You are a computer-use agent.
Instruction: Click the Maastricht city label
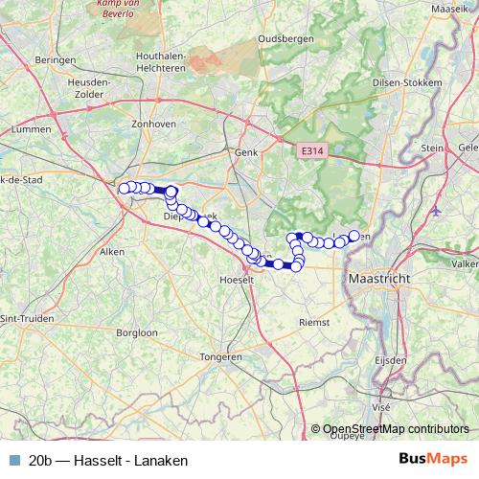pos(379,278)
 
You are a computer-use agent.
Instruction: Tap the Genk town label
pos(247,152)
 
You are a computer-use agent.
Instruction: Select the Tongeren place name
pos(220,356)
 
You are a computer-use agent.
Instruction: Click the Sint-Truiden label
pos(26,318)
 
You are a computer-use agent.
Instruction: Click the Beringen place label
pos(55,59)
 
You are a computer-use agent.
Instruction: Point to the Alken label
pos(112,252)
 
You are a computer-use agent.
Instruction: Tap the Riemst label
pos(313,323)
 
